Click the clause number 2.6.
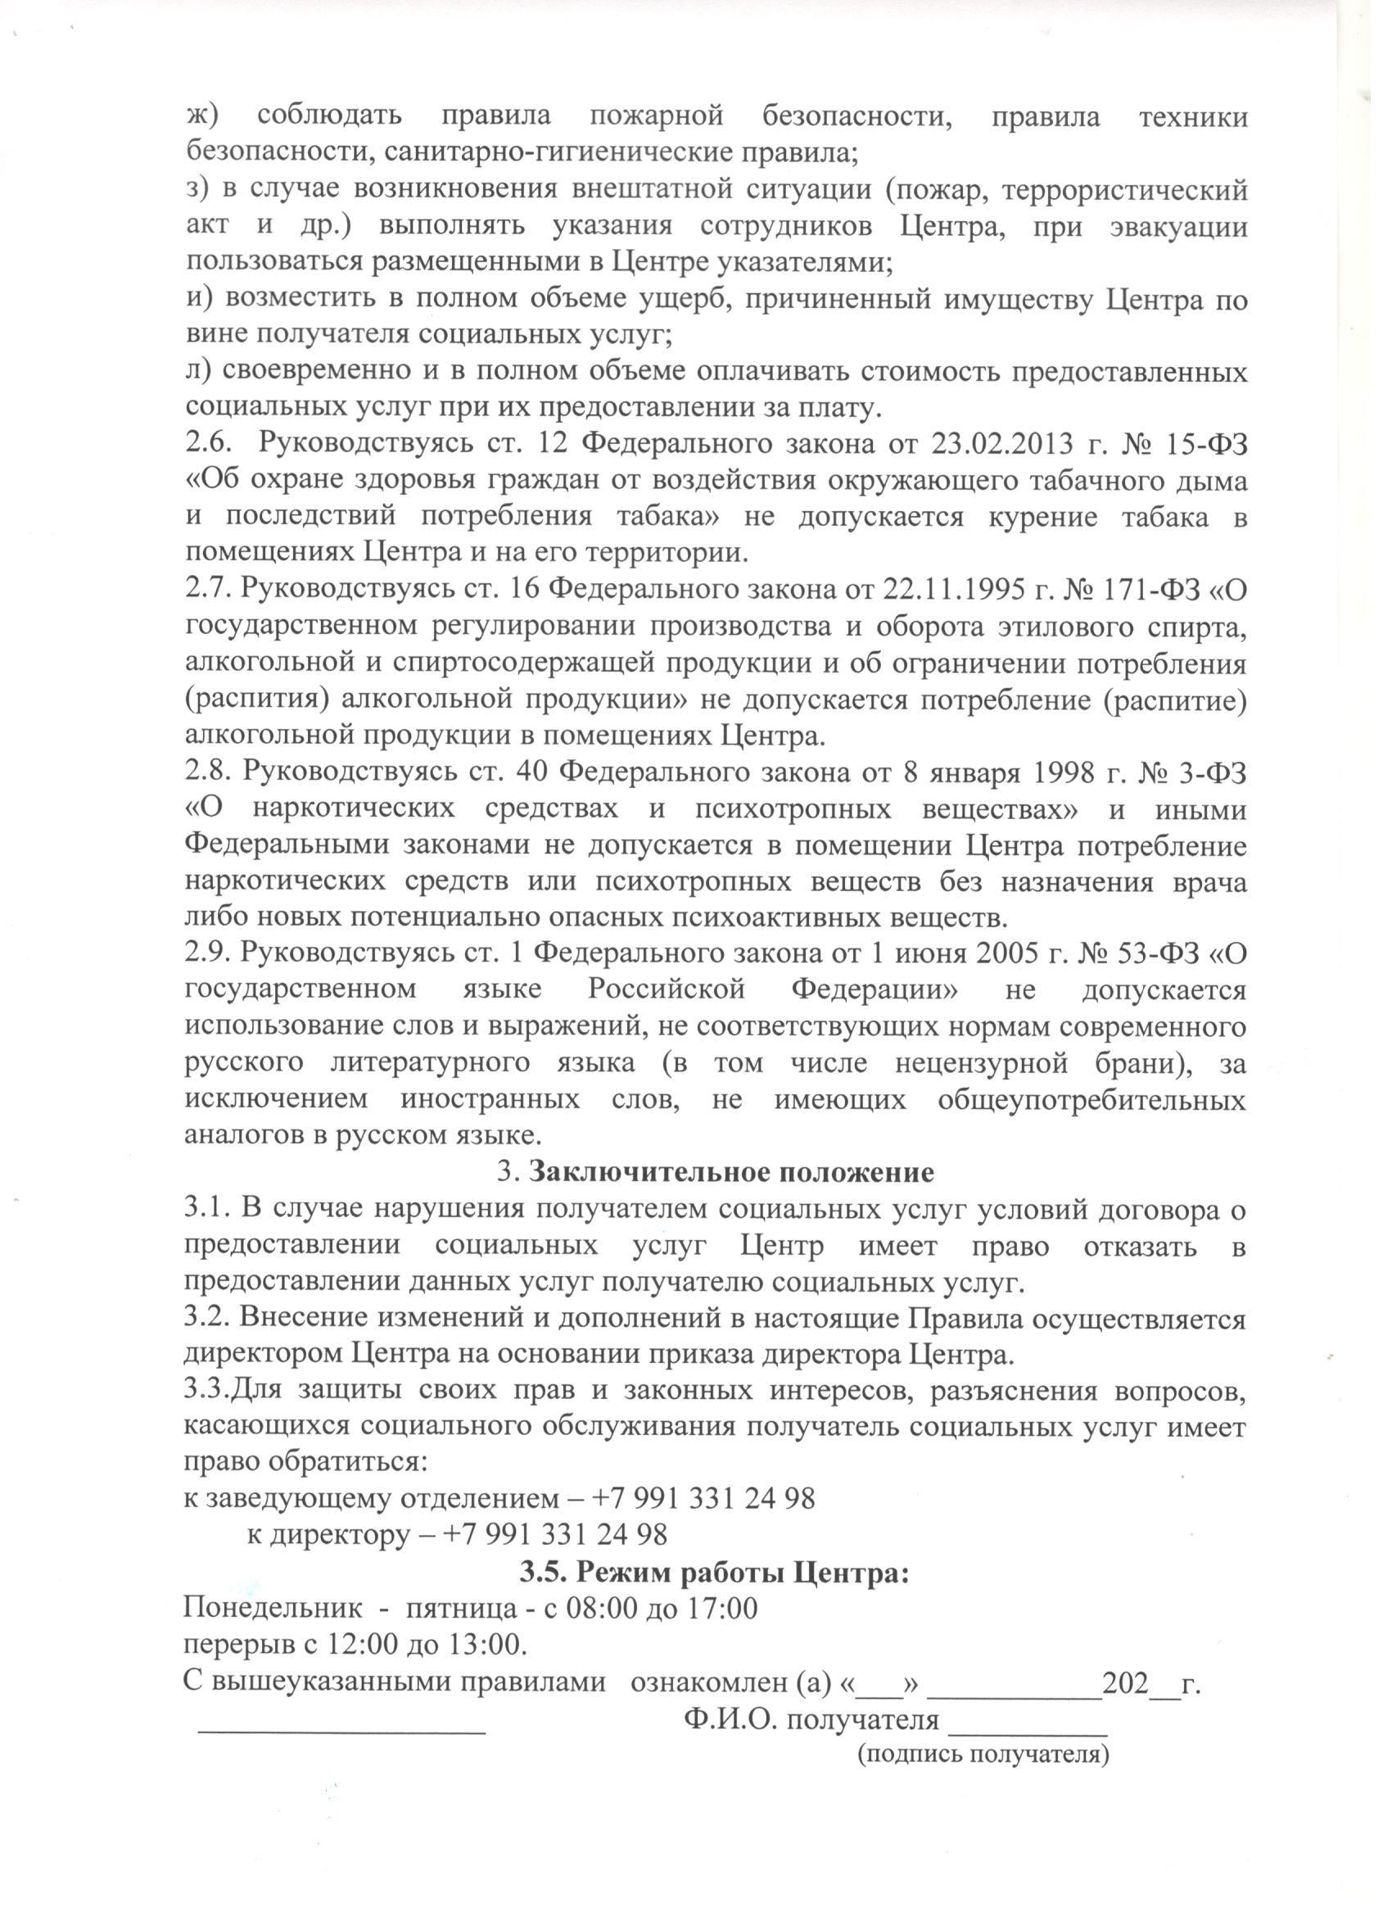[x=203, y=444]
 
